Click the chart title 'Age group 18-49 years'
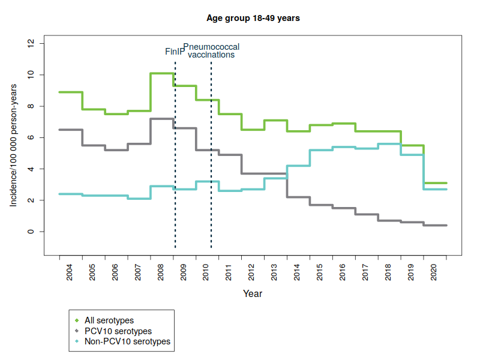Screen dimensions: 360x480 click(253, 18)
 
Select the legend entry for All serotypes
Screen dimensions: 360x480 click(109, 320)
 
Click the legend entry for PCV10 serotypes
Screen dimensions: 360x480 click(118, 331)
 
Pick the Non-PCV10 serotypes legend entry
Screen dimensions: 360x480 click(128, 341)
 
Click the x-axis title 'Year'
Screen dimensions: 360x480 click(253, 294)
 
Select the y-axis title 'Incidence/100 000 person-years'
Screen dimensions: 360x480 click(13, 137)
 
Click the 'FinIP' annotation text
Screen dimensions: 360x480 click(175, 52)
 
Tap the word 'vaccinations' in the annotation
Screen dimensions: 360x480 click(211, 55)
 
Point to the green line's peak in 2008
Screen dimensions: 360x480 click(162, 73)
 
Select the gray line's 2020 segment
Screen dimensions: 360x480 click(435, 226)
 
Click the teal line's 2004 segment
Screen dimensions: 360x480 click(71, 194)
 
